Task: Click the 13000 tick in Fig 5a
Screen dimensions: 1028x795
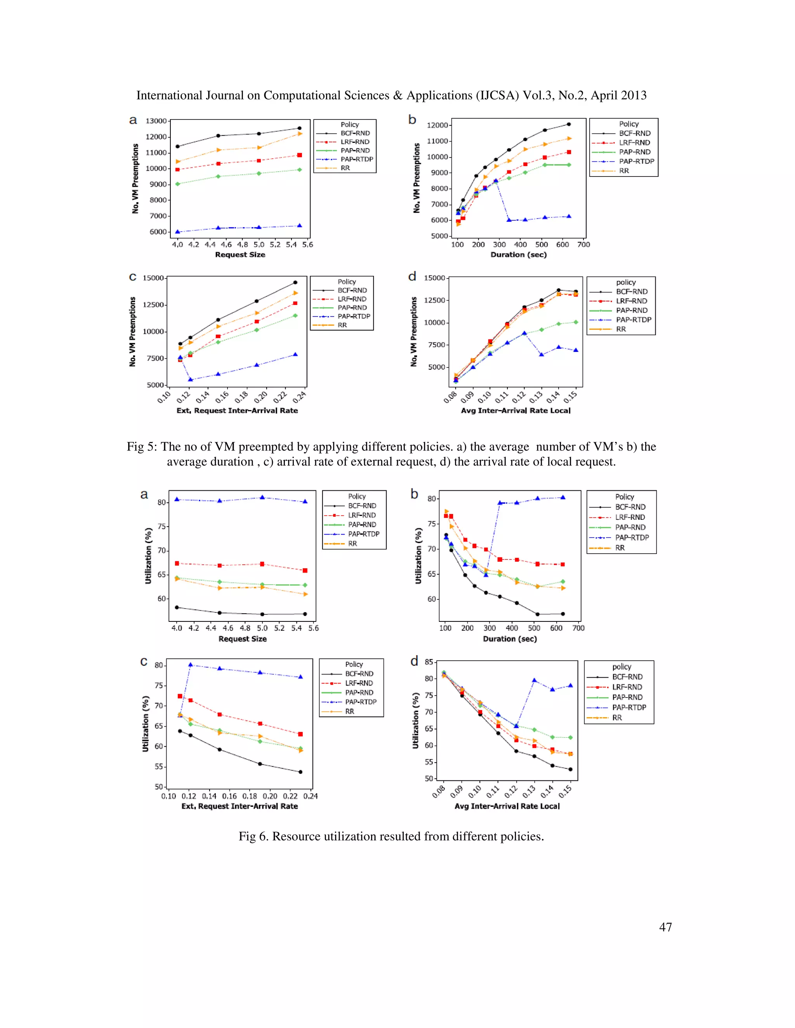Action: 156,121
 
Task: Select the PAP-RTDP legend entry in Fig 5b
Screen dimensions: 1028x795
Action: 636,161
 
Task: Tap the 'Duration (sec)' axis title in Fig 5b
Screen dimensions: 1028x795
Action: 518,254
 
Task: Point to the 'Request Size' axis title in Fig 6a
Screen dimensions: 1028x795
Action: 242,639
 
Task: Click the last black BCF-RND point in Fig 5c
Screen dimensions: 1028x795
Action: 295,282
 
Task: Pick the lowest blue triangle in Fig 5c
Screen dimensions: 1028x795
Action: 190,379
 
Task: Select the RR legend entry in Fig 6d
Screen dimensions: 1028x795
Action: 616,718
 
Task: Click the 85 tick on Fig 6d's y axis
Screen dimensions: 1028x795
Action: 429,662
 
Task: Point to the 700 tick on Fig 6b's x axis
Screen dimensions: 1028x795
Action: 578,628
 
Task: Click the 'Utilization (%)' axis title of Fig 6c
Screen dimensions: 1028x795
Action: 146,723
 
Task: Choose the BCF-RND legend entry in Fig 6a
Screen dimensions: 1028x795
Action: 362,505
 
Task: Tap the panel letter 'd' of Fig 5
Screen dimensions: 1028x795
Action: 412,276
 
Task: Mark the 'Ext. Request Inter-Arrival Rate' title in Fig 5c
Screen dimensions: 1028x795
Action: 237,410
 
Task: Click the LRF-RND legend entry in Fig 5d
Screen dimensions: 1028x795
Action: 631,301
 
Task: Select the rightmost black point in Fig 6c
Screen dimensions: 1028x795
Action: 300,772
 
